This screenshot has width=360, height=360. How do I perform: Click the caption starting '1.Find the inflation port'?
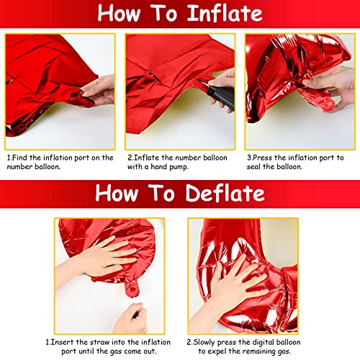click(60, 161)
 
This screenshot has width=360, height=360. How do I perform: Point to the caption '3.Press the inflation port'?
click(295, 161)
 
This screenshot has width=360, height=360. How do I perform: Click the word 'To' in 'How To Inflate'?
click(162, 14)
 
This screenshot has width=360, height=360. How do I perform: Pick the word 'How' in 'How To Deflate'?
click(119, 193)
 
